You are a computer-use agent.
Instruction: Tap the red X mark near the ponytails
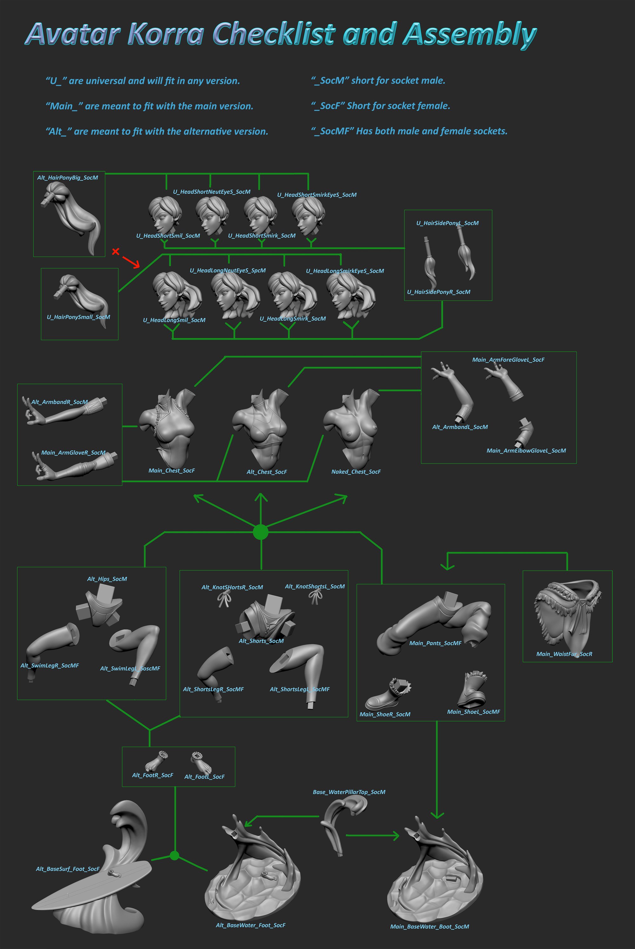[116, 252]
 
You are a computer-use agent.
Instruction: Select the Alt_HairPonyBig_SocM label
[68, 178]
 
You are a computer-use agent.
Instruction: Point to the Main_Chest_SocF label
[172, 470]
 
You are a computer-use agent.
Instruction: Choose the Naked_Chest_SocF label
[356, 471]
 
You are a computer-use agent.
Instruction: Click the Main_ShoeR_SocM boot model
[388, 694]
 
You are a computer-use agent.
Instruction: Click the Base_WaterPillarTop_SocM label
[349, 792]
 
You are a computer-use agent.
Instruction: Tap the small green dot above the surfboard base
[175, 855]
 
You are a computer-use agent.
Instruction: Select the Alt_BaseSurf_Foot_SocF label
[68, 869]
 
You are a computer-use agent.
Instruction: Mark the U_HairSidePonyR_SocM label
[438, 292]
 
